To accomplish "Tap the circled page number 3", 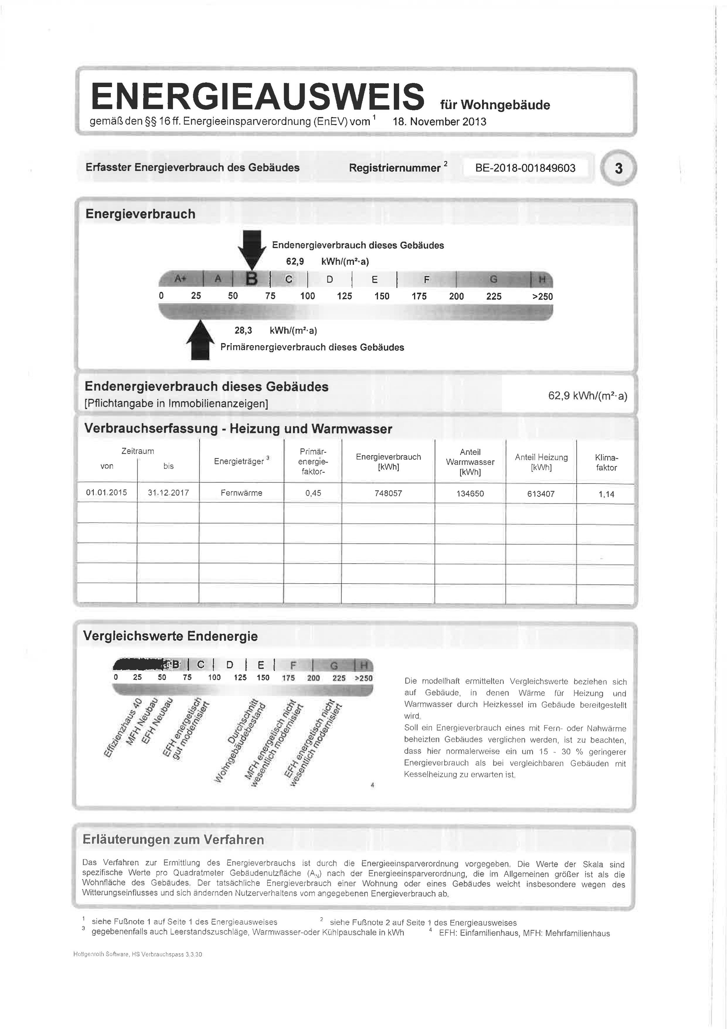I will (x=619, y=169).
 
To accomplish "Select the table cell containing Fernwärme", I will (x=241, y=493).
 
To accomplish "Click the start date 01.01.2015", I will (x=107, y=493).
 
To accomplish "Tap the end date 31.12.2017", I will (x=168, y=493).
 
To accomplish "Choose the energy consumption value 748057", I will (x=388, y=494).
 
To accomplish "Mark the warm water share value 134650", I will (x=470, y=494).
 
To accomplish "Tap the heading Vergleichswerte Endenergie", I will (x=170, y=636).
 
